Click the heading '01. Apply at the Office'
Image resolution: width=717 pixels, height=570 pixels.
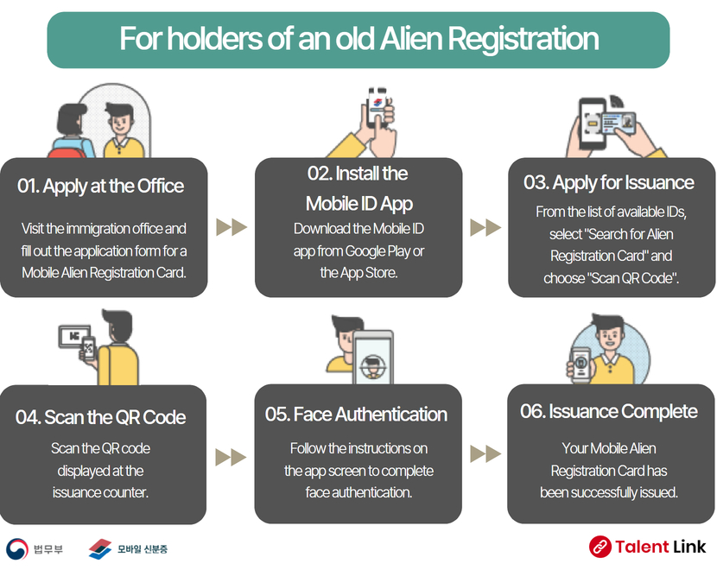100,186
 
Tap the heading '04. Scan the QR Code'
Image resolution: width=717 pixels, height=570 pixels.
100,417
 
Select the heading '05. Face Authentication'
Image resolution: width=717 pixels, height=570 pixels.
356,415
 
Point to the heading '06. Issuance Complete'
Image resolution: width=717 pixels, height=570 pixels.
609,411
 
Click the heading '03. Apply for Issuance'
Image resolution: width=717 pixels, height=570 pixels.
609,182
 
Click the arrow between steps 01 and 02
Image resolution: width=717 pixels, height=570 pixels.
232,227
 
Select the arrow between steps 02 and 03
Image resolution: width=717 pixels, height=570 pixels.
485,227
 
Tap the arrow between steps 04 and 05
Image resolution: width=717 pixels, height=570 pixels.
231,457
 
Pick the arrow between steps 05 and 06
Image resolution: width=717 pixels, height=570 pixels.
485,454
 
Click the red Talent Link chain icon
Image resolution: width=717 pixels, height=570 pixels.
600,547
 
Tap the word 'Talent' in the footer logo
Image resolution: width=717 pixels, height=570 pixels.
642,547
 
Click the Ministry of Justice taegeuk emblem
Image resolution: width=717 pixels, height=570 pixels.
17,549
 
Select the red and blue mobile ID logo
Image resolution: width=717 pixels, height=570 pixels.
100,549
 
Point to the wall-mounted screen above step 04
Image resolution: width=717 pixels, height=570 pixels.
74,337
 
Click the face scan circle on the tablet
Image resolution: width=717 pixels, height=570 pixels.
373,366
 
